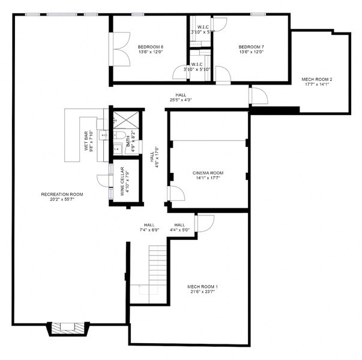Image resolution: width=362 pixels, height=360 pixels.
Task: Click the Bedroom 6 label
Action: coord(150,47)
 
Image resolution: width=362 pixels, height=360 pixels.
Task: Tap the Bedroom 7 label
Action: coord(250,47)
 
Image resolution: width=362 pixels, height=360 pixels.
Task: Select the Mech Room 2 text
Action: coord(316,79)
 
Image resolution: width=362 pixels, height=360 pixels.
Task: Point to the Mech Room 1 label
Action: coord(202,287)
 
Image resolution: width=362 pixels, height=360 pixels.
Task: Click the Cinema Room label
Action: coord(207,172)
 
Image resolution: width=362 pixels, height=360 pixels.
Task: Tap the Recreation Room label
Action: coord(62,194)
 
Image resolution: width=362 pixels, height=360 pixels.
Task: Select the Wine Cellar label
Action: coord(122,181)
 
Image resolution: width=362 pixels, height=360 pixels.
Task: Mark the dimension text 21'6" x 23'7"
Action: coord(202,293)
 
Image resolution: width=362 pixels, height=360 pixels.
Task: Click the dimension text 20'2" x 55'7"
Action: coord(62,200)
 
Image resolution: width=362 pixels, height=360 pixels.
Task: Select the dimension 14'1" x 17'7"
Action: coord(207,178)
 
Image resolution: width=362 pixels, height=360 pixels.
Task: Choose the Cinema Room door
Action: coord(175,194)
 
